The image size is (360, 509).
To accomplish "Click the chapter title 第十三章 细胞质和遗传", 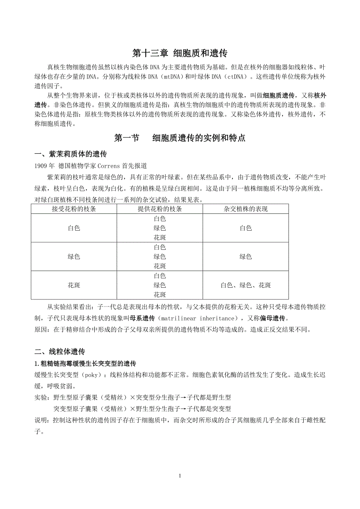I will pyautogui.click(x=180, y=53).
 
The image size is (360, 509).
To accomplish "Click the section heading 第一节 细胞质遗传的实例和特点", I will pyautogui.click(x=180, y=138).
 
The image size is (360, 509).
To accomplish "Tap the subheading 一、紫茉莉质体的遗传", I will pyautogui.click(x=70, y=153).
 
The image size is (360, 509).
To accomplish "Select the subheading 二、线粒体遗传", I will pyautogui.click(x=60, y=351).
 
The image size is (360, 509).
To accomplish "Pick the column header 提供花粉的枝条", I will pyautogui.click(x=160, y=209).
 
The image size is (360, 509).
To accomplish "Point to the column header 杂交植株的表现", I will pyautogui.click(x=246, y=209).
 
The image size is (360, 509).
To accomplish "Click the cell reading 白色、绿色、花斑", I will pyautogui.click(x=246, y=285).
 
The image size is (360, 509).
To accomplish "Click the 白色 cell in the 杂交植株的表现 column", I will pyautogui.click(x=246, y=228).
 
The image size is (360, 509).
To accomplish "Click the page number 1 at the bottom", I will pyautogui.click(x=180, y=476).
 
